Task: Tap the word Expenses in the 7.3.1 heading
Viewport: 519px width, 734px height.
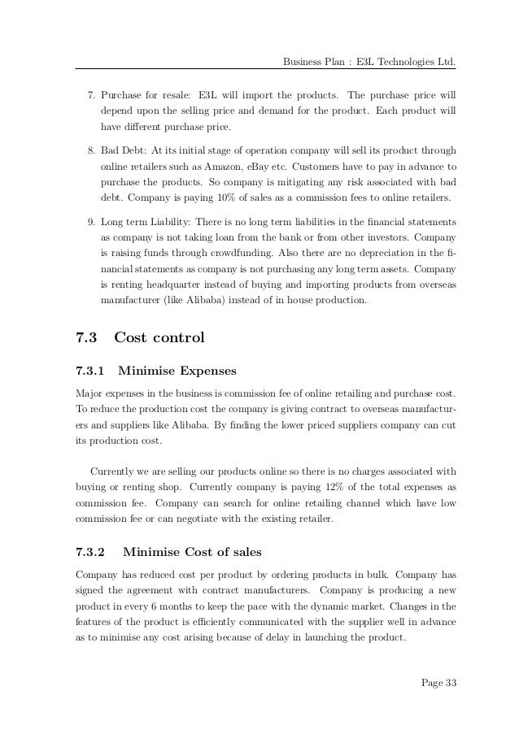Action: point(203,372)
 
